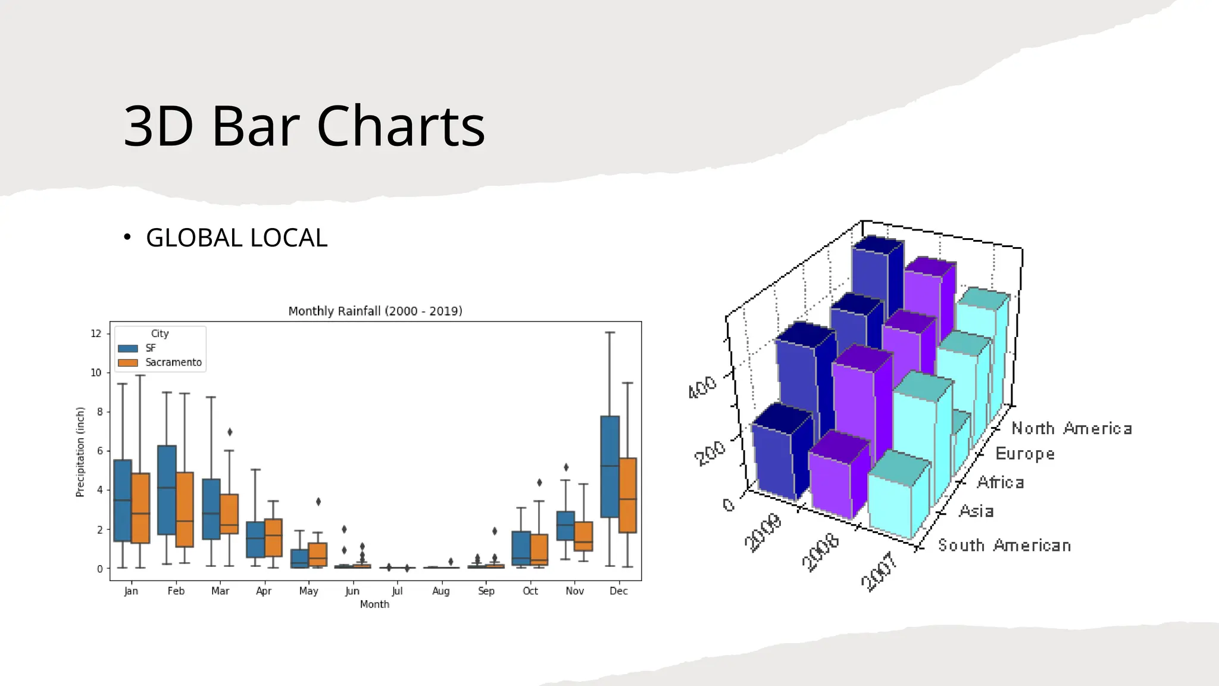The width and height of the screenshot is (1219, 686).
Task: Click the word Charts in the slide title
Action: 401,126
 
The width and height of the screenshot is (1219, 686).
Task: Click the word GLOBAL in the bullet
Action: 194,238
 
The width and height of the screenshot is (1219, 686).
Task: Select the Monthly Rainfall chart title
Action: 375,311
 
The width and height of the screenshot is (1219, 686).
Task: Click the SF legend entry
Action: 150,348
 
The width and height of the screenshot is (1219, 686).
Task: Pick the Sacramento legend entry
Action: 173,363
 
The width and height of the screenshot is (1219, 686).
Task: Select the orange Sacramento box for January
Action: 140,508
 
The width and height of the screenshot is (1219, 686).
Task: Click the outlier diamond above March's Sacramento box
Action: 230,432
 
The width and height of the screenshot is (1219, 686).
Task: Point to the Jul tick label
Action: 397,591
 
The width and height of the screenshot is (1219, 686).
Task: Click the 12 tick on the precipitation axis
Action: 96,333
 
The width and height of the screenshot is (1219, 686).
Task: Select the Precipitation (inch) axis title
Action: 80,452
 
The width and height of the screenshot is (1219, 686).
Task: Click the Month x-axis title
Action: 374,604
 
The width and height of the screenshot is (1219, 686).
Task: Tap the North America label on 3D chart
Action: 1071,428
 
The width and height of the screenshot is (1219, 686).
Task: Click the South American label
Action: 1004,545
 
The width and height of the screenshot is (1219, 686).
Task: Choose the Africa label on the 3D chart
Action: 1000,482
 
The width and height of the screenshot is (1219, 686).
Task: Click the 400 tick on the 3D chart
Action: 702,387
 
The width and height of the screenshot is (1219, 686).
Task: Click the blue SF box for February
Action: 167,490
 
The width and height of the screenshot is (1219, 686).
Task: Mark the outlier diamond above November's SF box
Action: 566,467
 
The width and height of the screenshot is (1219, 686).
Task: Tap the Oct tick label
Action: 530,591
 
